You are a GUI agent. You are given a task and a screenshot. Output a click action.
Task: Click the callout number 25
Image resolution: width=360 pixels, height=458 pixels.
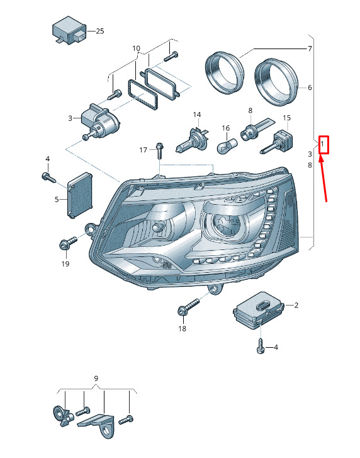coord(100,31)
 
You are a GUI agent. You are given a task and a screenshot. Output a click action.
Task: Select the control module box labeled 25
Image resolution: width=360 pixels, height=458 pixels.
coord(69,30)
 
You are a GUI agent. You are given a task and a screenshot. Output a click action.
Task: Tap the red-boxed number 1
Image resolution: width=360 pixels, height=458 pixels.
coord(322,144)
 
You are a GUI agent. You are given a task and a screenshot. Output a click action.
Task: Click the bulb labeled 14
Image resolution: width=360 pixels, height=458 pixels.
coord(192,141)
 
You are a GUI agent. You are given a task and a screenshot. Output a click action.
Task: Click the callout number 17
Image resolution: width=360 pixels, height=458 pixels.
coord(143,150)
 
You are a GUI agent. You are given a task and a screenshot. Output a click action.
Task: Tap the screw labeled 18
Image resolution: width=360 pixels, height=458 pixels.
coord(188,306)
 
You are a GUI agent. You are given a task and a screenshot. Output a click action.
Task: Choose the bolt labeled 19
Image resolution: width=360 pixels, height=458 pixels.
coord(68,243)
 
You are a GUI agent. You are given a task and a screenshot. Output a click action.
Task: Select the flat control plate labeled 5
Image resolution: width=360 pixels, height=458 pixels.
coord(80,195)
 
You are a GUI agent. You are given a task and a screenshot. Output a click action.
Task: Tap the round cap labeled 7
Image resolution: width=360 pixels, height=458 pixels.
coord(224,72)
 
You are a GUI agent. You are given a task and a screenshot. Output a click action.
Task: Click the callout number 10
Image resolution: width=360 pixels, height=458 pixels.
coord(136,49)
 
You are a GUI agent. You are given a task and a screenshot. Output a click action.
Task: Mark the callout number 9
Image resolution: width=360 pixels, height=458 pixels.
coord(96,378)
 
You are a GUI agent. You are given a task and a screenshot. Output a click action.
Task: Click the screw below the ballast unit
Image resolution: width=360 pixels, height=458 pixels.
coord(260,346)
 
